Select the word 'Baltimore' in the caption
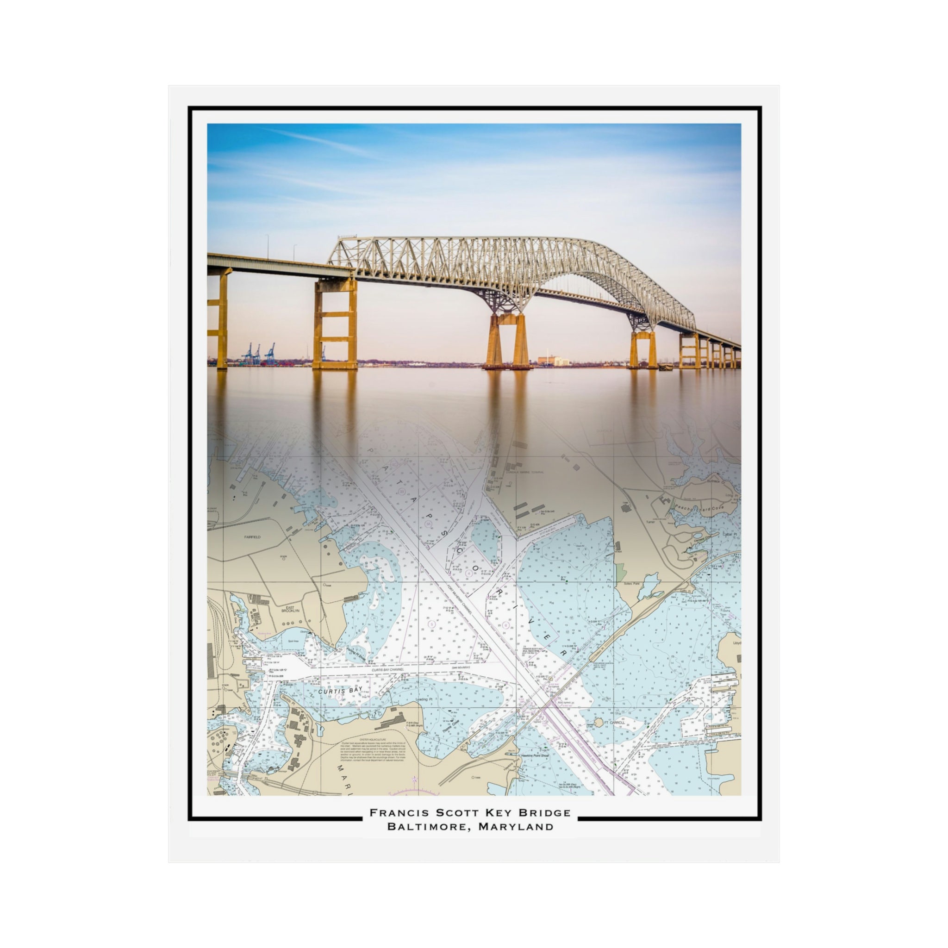(x=426, y=826)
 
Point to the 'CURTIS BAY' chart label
(x=340, y=691)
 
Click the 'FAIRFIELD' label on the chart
(x=252, y=537)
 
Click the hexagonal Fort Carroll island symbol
(x=598, y=722)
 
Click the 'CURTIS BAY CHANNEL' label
(x=387, y=670)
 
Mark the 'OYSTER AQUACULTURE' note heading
(x=373, y=739)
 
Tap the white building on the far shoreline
(x=553, y=361)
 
